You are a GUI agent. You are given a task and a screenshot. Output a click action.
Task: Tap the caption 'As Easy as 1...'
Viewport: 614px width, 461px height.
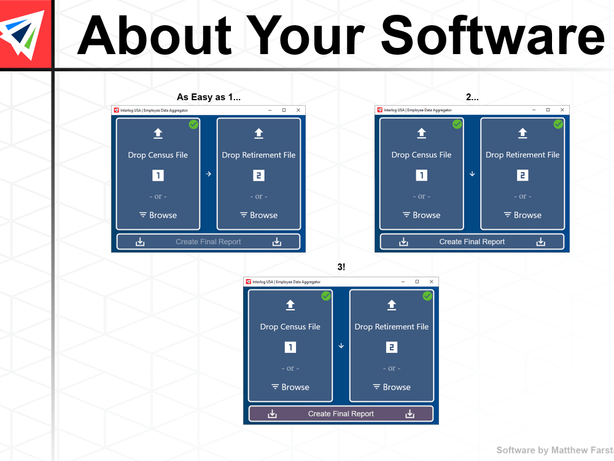coord(208,97)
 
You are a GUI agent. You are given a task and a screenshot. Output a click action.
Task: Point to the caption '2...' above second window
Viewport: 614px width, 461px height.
coord(472,97)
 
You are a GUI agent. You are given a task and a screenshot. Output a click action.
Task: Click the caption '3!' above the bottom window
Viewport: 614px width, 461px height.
coord(341,267)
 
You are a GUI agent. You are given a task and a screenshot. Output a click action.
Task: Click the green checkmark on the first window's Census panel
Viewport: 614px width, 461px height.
coord(193,124)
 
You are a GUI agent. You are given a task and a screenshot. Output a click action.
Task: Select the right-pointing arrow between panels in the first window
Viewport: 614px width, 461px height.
coord(208,174)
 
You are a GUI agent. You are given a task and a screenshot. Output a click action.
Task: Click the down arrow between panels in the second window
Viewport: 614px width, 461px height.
coord(472,174)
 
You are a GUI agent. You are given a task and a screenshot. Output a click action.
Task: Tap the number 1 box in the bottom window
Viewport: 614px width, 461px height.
coord(290,347)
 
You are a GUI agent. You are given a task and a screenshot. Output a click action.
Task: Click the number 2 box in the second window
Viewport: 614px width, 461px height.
coord(523,176)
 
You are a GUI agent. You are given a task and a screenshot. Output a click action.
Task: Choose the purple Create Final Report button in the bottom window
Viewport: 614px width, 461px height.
coord(341,414)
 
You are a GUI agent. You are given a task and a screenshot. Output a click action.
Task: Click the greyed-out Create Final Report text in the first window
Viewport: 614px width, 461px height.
coord(208,242)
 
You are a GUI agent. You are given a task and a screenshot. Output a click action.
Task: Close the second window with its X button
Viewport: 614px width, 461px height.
coord(562,110)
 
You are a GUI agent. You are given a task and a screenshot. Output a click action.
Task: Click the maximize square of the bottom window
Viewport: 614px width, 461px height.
coord(417,282)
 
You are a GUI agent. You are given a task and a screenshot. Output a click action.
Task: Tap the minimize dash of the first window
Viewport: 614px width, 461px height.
coord(270,110)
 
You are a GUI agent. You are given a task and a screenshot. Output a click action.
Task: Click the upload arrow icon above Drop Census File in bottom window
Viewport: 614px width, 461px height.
coord(290,305)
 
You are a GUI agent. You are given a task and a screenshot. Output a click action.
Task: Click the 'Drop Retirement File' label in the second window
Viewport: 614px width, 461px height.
coord(523,155)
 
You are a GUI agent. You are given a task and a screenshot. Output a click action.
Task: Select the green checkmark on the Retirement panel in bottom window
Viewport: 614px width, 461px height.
coord(427,296)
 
